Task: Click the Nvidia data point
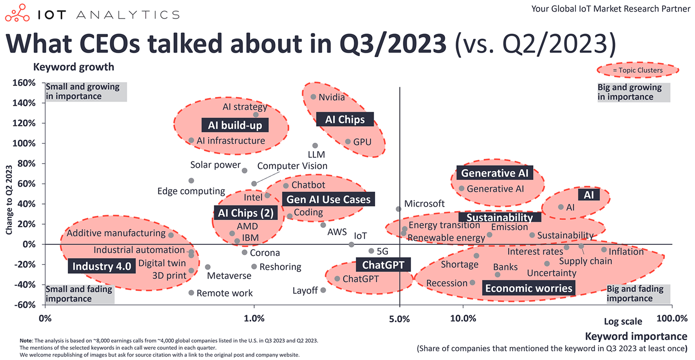pyautogui.click(x=313, y=97)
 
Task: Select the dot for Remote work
pyautogui.click(x=191, y=293)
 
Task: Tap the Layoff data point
pyautogui.click(x=323, y=290)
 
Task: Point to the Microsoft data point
pyautogui.click(x=399, y=209)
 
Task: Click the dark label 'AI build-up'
pyautogui.click(x=235, y=125)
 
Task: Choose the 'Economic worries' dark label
pyautogui.click(x=528, y=289)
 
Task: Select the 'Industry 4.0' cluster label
pyautogui.click(x=102, y=267)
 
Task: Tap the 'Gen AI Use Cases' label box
pyautogui.click(x=328, y=199)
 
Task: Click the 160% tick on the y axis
pyautogui.click(x=24, y=83)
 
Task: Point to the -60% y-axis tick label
pyautogui.click(x=24, y=305)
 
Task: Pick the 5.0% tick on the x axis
pyautogui.click(x=399, y=319)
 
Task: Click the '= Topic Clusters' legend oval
pyautogui.click(x=637, y=70)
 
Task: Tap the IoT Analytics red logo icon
pyautogui.click(x=17, y=13)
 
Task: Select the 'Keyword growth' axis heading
pyautogui.click(x=74, y=67)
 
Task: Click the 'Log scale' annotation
pyautogui.click(x=623, y=321)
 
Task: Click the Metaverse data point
pyautogui.click(x=208, y=267)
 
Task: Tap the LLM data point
pyautogui.click(x=315, y=146)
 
